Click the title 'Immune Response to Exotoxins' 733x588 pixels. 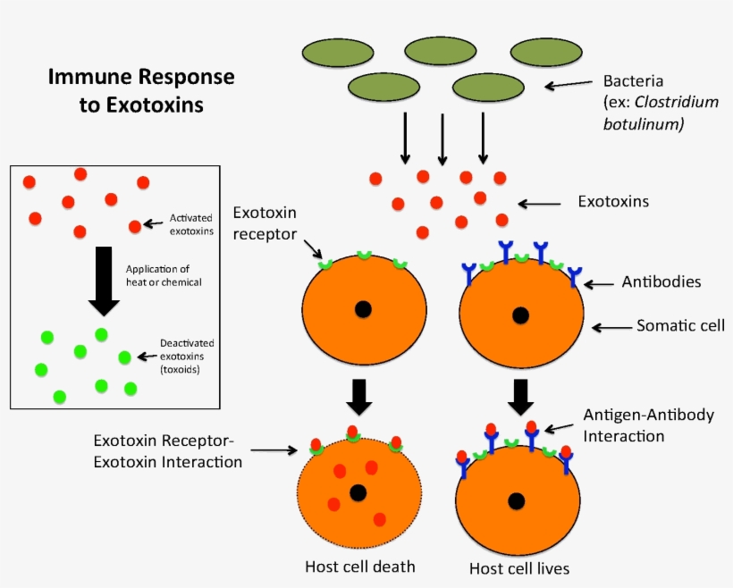[x=140, y=90]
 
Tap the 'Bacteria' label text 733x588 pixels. [x=634, y=80]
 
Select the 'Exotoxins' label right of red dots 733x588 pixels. [x=612, y=202]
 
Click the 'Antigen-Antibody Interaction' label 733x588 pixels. [x=636, y=425]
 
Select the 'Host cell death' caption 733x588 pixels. [x=360, y=567]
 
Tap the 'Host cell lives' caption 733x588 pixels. [x=519, y=567]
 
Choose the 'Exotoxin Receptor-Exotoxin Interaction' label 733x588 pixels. [x=168, y=451]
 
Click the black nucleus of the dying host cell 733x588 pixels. [x=358, y=492]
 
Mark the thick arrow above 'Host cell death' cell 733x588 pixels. [x=358, y=396]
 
